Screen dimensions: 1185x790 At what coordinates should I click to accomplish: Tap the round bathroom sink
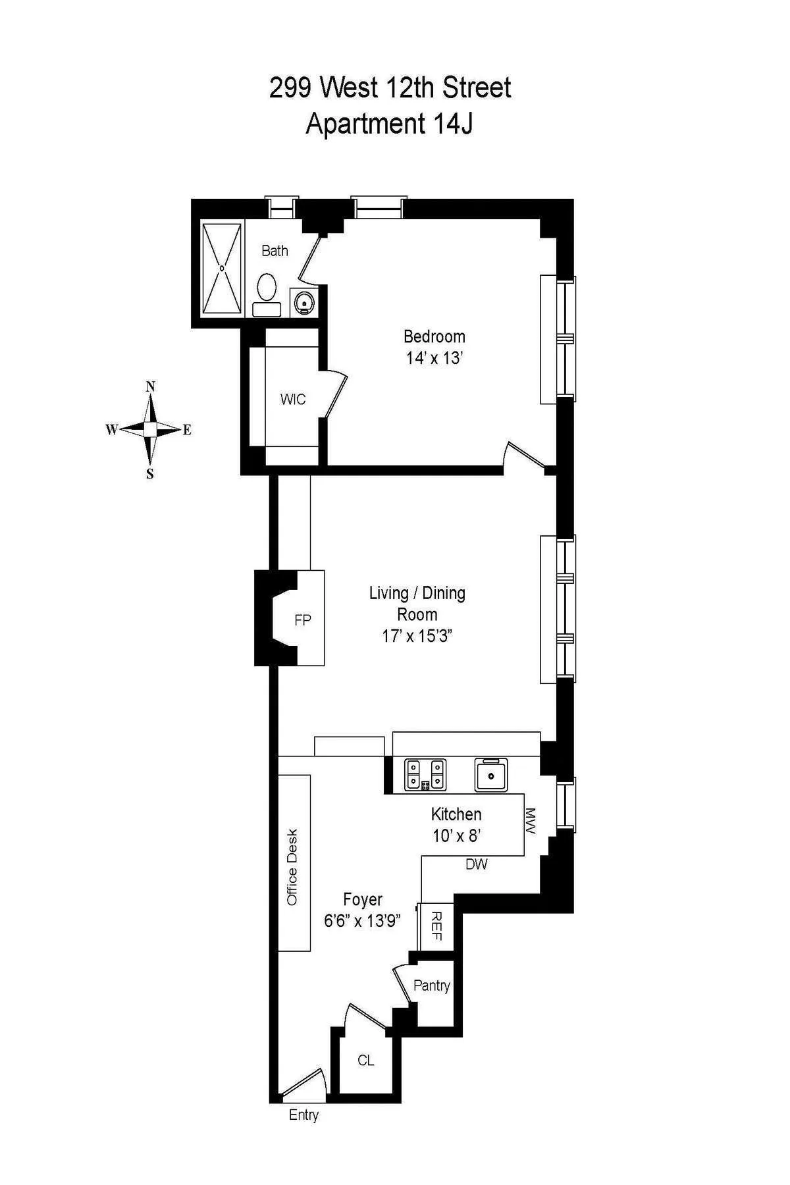click(303, 302)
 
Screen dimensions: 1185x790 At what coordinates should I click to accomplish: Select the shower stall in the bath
click(222, 269)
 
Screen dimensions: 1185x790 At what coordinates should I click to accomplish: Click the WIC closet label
click(292, 400)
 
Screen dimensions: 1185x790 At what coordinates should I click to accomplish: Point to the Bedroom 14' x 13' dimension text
click(434, 359)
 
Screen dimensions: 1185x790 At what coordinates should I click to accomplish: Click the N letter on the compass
click(150, 386)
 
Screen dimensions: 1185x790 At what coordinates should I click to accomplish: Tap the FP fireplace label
click(302, 619)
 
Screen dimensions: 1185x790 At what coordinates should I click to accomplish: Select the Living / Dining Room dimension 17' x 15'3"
click(417, 636)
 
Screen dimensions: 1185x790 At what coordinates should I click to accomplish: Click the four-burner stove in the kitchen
click(425, 774)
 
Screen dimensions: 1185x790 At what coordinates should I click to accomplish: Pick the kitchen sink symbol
click(491, 774)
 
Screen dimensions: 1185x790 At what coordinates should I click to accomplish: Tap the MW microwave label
click(531, 821)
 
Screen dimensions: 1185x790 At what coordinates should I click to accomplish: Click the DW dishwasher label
click(476, 864)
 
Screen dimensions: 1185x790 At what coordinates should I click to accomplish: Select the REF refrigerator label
click(436, 926)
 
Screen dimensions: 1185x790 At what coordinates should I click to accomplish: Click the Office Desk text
click(292, 866)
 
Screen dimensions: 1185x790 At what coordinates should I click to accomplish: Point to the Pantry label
click(431, 986)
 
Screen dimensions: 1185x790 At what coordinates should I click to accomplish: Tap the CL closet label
click(365, 1060)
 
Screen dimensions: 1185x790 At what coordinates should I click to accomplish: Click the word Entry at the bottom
click(303, 1115)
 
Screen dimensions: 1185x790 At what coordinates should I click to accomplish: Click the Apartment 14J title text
click(389, 124)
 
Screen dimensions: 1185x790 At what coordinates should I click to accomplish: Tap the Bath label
click(275, 251)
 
